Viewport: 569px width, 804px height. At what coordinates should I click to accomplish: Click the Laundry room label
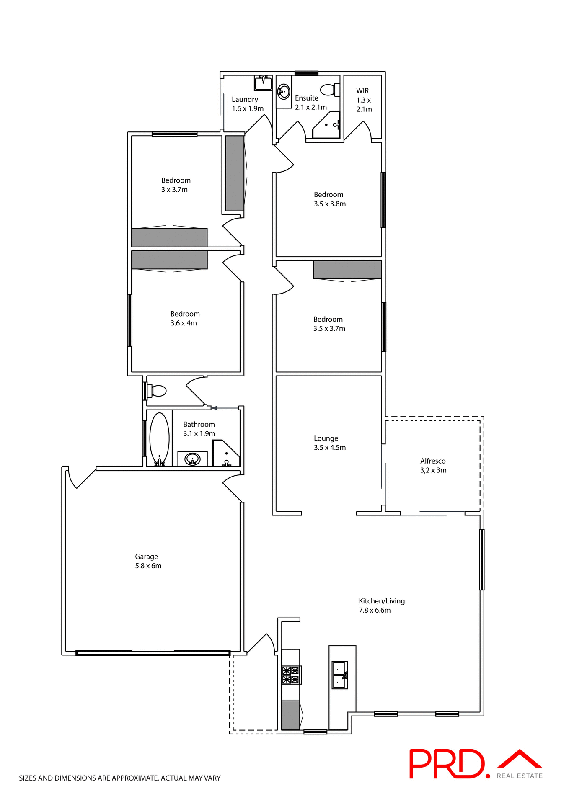coord(245,100)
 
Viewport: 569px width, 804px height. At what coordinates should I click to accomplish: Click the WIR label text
coord(362,91)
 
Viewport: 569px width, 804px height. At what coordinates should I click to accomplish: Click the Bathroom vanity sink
coord(192,459)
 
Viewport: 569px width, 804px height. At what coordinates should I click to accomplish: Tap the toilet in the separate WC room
coord(157,391)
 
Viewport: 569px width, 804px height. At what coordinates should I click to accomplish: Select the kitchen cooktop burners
coord(291,675)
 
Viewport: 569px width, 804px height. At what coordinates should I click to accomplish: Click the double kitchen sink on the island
coord(339,675)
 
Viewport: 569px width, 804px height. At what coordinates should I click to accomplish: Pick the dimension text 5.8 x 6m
coord(148,566)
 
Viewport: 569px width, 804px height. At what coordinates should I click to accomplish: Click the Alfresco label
coord(433,461)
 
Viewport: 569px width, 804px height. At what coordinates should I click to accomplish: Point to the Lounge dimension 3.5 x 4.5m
coord(330,448)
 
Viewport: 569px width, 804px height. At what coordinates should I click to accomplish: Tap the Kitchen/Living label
coord(382,601)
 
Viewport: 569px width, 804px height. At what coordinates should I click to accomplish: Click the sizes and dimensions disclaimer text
coord(119,778)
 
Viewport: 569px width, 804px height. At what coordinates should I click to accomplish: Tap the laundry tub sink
coord(263,83)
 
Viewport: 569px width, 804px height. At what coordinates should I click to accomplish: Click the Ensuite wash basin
coord(284,91)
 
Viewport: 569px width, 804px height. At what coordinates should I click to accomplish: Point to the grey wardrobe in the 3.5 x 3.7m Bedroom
coord(347,270)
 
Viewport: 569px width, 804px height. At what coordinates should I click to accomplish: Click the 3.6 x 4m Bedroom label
coord(185,314)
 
